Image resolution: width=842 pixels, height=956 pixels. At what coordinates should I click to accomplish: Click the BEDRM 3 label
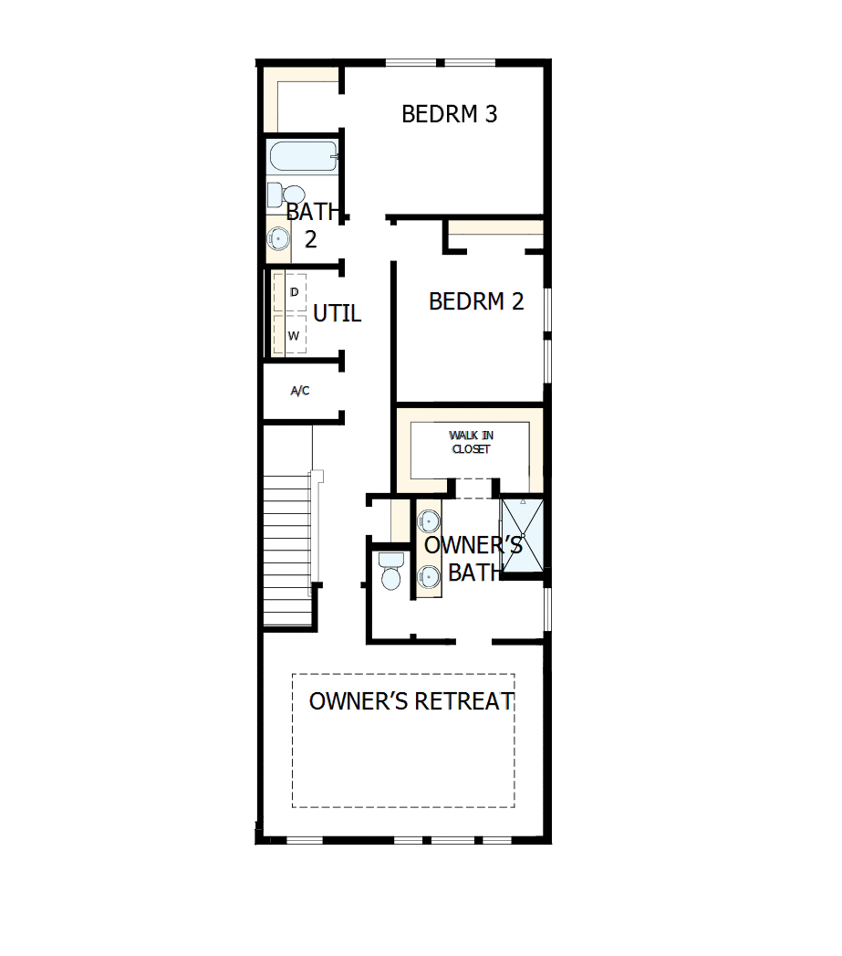pyautogui.click(x=449, y=114)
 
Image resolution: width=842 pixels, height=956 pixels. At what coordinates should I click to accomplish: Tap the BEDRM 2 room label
pyautogui.click(x=476, y=301)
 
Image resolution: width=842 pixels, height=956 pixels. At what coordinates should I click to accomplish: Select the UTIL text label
pyautogui.click(x=337, y=314)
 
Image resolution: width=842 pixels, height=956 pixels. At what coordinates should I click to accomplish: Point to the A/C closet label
pyautogui.click(x=300, y=391)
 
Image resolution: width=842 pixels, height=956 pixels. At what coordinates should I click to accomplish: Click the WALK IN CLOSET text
pyautogui.click(x=471, y=443)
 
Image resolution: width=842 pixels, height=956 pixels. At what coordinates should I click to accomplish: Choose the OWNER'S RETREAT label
pyautogui.click(x=411, y=701)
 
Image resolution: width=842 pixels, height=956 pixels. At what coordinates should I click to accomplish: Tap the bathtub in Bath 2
pyautogui.click(x=303, y=156)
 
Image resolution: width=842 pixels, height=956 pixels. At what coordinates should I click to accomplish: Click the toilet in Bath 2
pyautogui.click(x=287, y=194)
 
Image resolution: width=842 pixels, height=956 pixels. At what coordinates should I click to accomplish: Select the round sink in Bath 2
pyautogui.click(x=278, y=238)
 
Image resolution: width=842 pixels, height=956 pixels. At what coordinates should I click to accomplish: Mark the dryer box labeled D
pyautogui.click(x=293, y=292)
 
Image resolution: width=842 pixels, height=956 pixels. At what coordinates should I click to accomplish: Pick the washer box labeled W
pyautogui.click(x=293, y=335)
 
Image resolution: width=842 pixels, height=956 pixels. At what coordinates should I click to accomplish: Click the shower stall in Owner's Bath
pyautogui.click(x=523, y=535)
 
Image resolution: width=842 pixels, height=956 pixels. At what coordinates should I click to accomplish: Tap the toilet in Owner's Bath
pyautogui.click(x=390, y=572)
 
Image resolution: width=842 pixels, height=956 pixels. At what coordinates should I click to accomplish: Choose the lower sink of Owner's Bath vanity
pyautogui.click(x=429, y=575)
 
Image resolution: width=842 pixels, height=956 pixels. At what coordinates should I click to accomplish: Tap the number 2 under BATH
pyautogui.click(x=311, y=239)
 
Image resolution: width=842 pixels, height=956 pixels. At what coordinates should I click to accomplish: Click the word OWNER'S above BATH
pyautogui.click(x=473, y=546)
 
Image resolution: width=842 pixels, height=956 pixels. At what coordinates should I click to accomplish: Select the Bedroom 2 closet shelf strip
pyautogui.click(x=495, y=227)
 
